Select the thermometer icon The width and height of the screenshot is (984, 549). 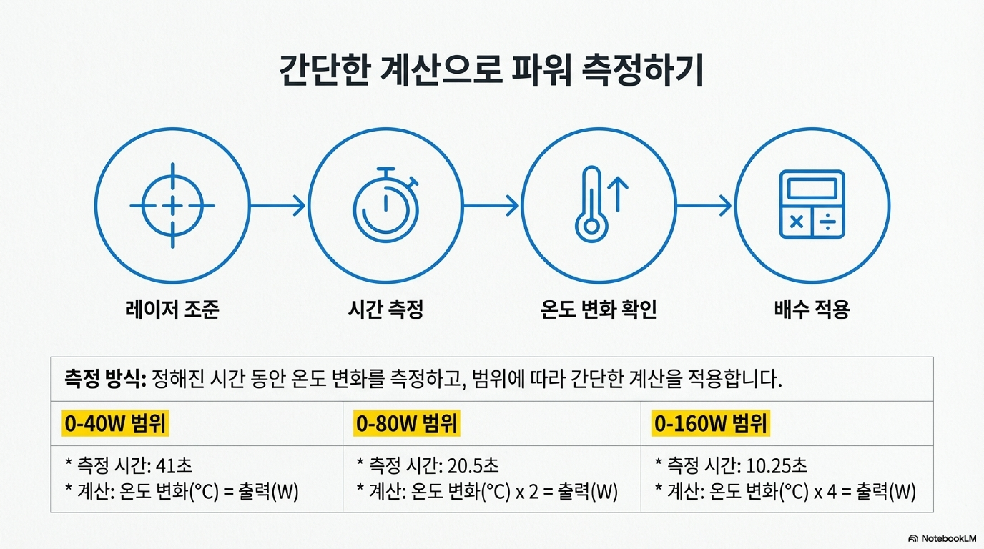(x=591, y=204)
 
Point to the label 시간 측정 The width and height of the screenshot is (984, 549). (x=386, y=309)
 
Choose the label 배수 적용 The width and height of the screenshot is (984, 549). (x=812, y=309)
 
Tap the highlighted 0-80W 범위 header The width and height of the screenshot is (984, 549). (x=407, y=423)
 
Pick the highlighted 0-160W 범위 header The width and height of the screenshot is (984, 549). (x=711, y=423)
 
